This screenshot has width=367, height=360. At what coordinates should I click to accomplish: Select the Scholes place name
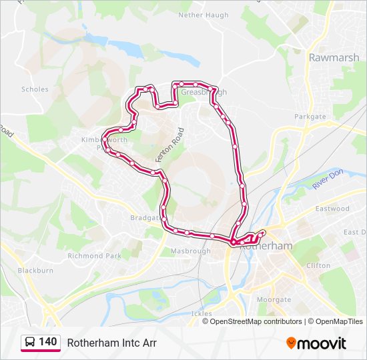[x=35, y=89]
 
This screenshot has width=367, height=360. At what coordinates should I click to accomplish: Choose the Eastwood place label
[x=333, y=209]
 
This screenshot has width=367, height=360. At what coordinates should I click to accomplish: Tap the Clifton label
[x=318, y=265]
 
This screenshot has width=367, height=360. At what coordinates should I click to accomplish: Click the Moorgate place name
[x=274, y=300]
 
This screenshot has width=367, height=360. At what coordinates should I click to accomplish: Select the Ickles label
[x=201, y=313]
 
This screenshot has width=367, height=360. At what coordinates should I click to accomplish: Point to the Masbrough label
[x=190, y=251]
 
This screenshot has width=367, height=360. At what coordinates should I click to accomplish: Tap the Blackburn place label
[x=35, y=271]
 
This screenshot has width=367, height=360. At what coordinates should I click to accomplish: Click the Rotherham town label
[x=266, y=245]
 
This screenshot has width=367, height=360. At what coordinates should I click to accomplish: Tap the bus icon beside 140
[x=30, y=342]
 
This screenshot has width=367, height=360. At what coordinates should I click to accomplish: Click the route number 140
[x=48, y=342]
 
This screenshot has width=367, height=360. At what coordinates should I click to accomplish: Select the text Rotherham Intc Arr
[x=111, y=343]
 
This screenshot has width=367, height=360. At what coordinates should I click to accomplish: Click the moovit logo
[x=316, y=343]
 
